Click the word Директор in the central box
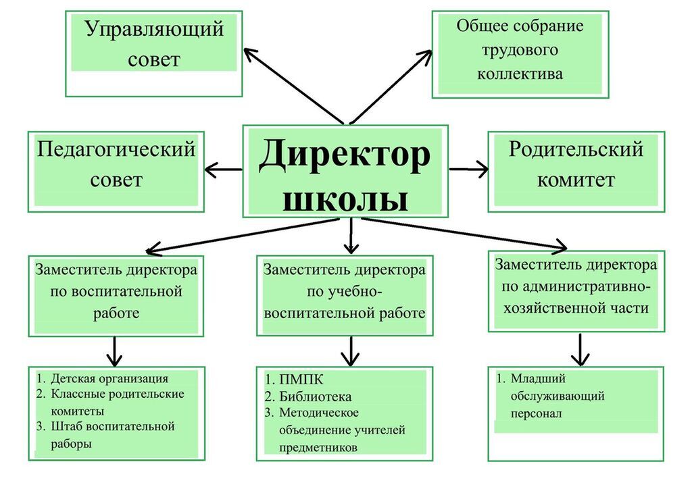(x=344, y=155)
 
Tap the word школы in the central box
(x=345, y=199)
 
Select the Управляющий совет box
(x=154, y=52)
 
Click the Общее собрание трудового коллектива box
(x=520, y=53)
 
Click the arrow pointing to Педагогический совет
(x=223, y=169)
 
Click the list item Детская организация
(x=109, y=379)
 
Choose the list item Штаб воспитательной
(x=112, y=427)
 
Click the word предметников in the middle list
(x=317, y=447)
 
